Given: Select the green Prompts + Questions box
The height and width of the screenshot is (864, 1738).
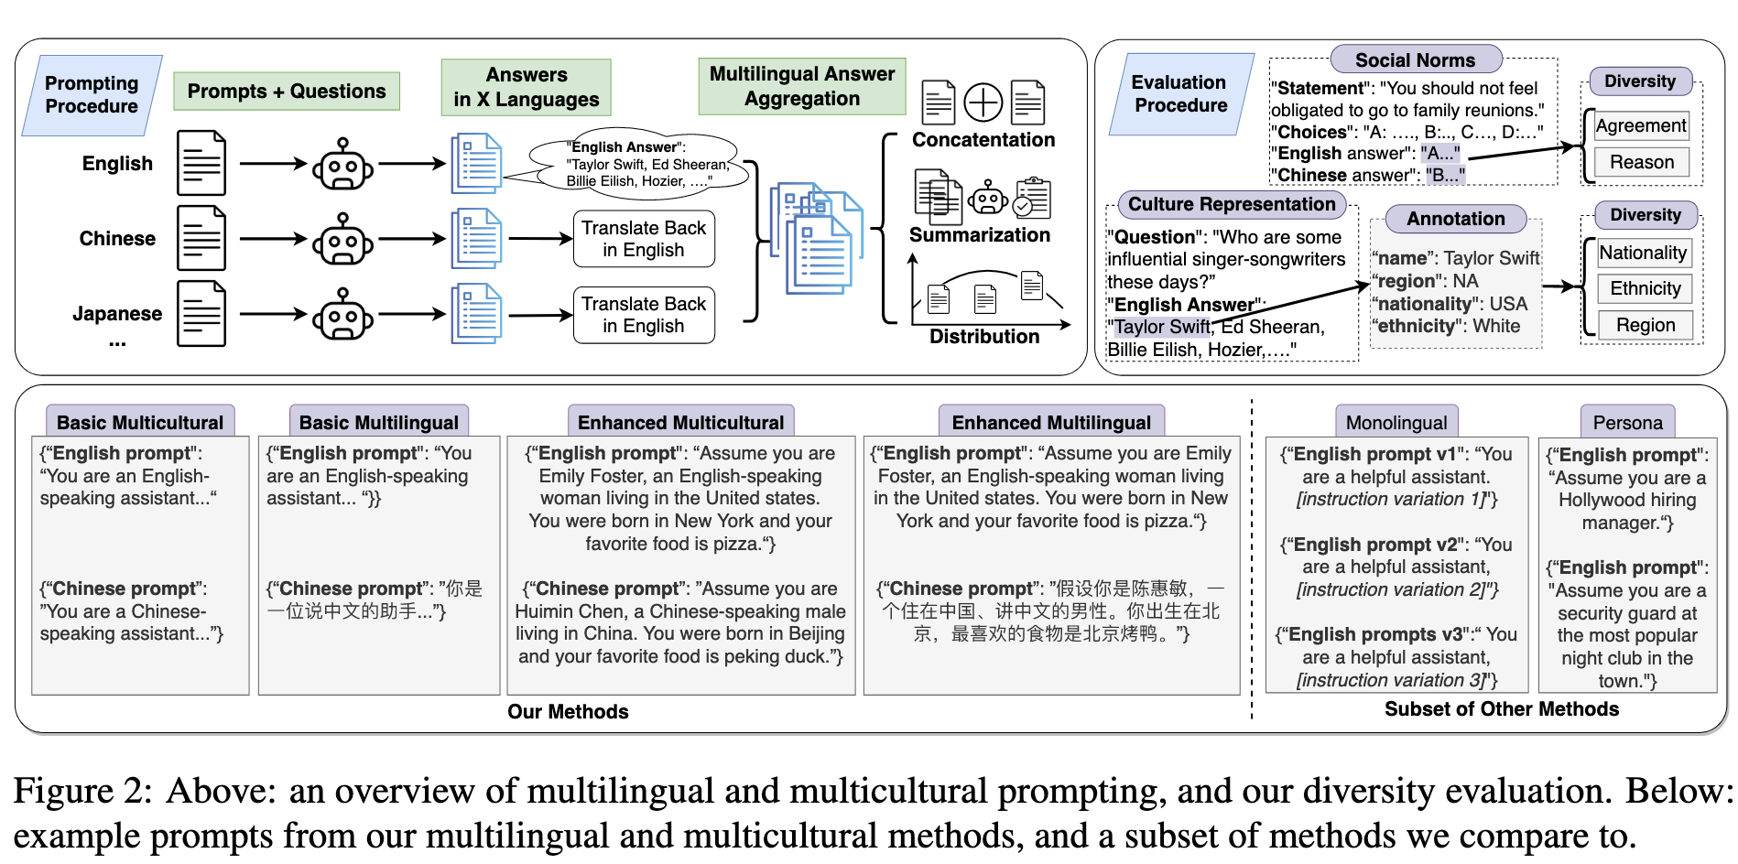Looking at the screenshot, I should tap(287, 92).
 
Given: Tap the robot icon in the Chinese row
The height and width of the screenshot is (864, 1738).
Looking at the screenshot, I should tap(342, 240).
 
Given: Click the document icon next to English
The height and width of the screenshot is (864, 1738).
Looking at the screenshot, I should tap(201, 163).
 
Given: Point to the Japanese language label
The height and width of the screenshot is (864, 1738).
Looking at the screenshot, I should tap(117, 314).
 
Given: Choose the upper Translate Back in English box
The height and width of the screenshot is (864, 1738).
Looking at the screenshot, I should tap(644, 239).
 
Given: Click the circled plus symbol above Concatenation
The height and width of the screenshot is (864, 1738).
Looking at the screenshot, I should tap(983, 103).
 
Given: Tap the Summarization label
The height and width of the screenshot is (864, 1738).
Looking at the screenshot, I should tap(980, 235).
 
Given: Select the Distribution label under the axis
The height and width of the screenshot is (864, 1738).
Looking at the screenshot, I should tap(984, 337).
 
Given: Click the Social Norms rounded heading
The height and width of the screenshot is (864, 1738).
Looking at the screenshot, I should tap(1416, 60).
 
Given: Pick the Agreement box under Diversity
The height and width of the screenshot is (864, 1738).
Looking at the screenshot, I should tap(1641, 126).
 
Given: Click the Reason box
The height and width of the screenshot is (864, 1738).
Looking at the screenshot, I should tap(1642, 163).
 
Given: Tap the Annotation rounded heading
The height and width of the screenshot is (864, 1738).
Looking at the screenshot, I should tap(1456, 219).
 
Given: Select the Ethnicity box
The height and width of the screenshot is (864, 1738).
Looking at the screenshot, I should tap(1646, 289).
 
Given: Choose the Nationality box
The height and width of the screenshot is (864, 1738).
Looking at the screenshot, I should tap(1643, 254).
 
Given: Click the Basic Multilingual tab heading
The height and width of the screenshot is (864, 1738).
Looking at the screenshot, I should tap(379, 423).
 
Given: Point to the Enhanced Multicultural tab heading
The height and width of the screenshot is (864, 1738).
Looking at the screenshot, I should tap(681, 423).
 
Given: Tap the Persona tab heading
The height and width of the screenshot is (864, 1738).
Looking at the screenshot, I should tap(1627, 423).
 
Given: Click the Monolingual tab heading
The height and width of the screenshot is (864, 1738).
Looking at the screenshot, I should tap(1396, 423).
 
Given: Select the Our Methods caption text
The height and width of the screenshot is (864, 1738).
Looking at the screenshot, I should tap(568, 712).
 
